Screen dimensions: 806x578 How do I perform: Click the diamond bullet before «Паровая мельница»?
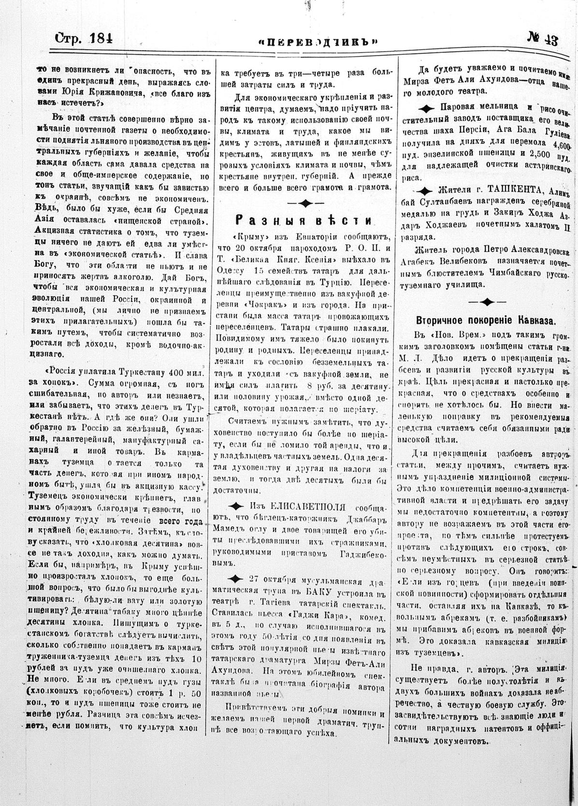[x=428, y=107]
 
